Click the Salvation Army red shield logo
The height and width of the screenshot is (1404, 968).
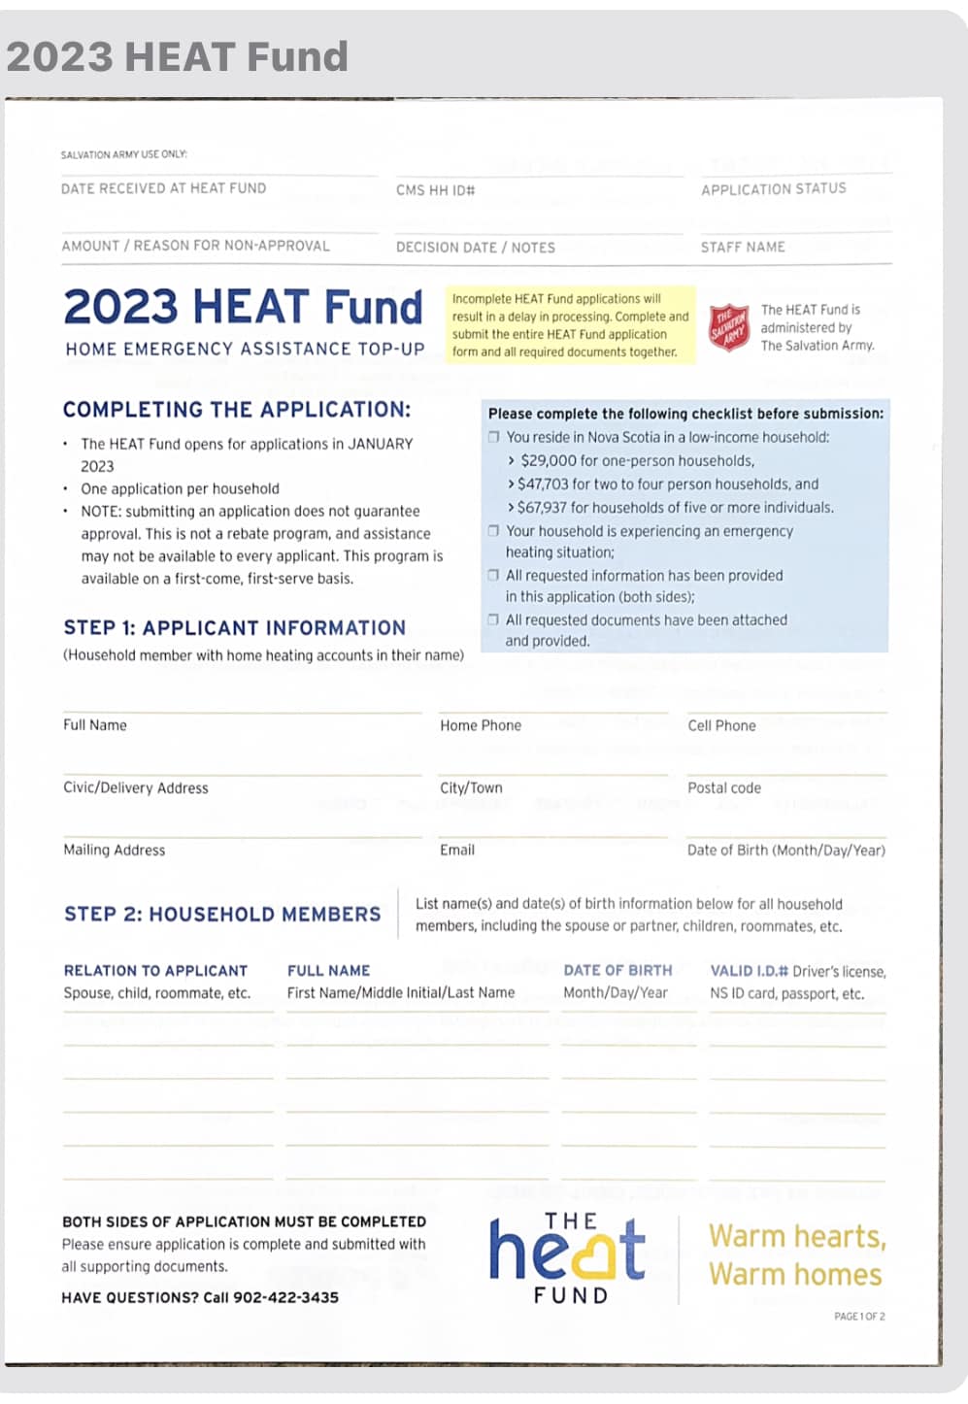pyautogui.click(x=729, y=328)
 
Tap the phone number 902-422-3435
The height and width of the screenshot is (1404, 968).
pyautogui.click(x=285, y=1297)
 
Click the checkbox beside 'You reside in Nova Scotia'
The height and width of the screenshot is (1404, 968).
pyautogui.click(x=493, y=437)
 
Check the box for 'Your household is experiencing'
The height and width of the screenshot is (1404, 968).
pyautogui.click(x=493, y=531)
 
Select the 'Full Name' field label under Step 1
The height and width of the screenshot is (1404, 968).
pyautogui.click(x=95, y=725)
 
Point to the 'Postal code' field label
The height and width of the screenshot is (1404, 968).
pyautogui.click(x=724, y=788)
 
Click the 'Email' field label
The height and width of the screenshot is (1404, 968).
pyautogui.click(x=457, y=851)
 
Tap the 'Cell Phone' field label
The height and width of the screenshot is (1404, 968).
pyautogui.click(x=721, y=726)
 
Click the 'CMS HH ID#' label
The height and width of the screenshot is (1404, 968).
pyautogui.click(x=435, y=190)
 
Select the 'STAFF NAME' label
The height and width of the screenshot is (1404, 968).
pyautogui.click(x=743, y=248)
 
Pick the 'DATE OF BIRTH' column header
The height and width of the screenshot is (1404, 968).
pyautogui.click(x=618, y=971)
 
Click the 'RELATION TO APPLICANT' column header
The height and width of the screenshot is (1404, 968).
pyautogui.click(x=155, y=971)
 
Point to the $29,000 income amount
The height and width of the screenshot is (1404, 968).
pyautogui.click(x=549, y=461)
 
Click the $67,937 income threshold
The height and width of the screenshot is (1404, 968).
pyautogui.click(x=546, y=508)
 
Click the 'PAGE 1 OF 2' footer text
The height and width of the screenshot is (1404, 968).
pyautogui.click(x=859, y=1317)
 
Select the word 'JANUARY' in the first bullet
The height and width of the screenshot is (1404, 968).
pyautogui.click(x=381, y=444)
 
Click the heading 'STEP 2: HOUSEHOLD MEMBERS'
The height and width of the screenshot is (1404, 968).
pyautogui.click(x=222, y=915)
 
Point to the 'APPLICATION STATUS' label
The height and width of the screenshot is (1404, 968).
pyautogui.click(x=774, y=189)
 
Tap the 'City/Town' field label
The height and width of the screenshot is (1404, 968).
pyautogui.click(x=471, y=788)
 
